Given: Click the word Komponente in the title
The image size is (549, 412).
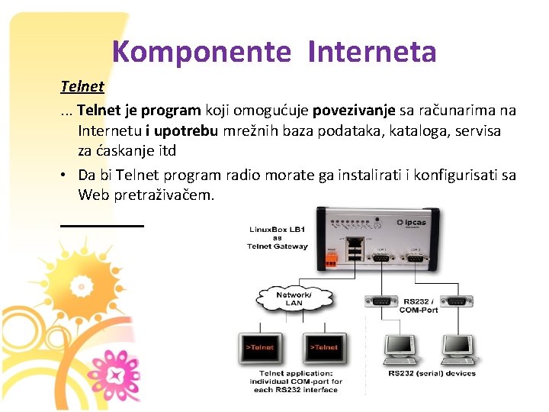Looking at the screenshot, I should (x=201, y=52).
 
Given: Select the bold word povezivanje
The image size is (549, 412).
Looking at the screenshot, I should (x=361, y=111).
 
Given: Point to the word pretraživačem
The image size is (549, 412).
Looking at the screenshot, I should (x=164, y=195).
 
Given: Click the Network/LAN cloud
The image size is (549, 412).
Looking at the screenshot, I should (x=294, y=298).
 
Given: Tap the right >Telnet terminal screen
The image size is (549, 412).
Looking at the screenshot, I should (x=324, y=347).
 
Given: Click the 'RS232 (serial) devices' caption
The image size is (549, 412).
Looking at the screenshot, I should (x=432, y=374).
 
